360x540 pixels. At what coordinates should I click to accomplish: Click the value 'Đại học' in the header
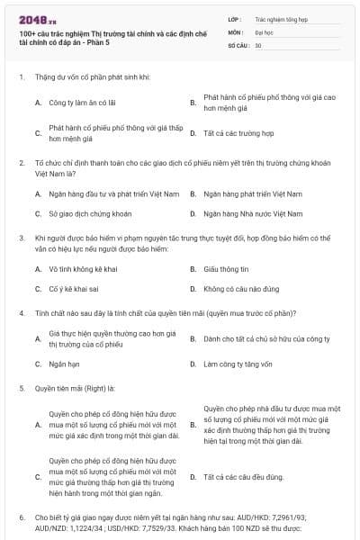[x=264, y=31]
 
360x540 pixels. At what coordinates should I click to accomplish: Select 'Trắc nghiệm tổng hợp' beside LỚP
[x=281, y=18]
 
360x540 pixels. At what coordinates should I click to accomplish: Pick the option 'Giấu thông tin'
[x=225, y=269]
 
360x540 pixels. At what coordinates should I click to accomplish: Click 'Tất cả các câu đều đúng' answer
[x=243, y=476]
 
